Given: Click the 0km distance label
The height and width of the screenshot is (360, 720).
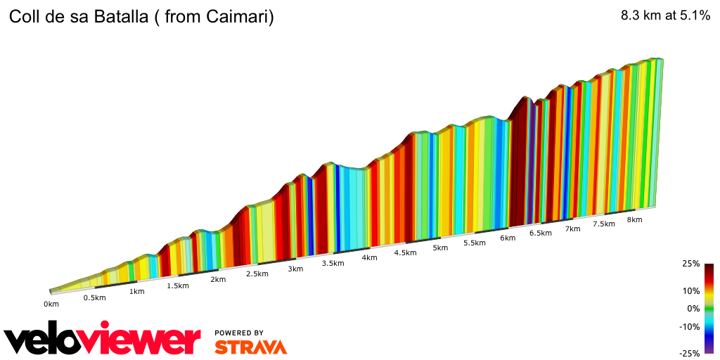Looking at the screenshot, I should coord(51,304).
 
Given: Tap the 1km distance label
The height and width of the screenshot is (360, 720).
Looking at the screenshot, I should coord(136,291).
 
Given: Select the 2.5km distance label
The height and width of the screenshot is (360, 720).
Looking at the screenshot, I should coord(257,274).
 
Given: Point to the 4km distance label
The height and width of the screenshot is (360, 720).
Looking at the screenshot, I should coord(369,257).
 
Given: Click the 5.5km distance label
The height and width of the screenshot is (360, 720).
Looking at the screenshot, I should coord(475,243).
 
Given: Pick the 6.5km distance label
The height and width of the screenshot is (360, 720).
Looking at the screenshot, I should coord(540,233).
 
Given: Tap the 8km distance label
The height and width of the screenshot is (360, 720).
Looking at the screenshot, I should coord(634,219).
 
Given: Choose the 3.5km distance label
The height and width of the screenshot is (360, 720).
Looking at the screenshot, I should coord(333,263).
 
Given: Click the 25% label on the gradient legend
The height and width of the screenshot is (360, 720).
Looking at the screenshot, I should coord(690,264).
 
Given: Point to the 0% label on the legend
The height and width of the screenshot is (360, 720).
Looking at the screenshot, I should coord(693,308).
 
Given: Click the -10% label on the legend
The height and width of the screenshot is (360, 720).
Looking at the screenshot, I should coord(688,326).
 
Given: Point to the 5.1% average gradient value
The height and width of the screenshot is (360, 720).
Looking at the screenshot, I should coord(694,17).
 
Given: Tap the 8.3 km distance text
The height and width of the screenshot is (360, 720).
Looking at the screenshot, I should coord(641,17).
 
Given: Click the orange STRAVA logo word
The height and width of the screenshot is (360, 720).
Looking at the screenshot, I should coord(250,347).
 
